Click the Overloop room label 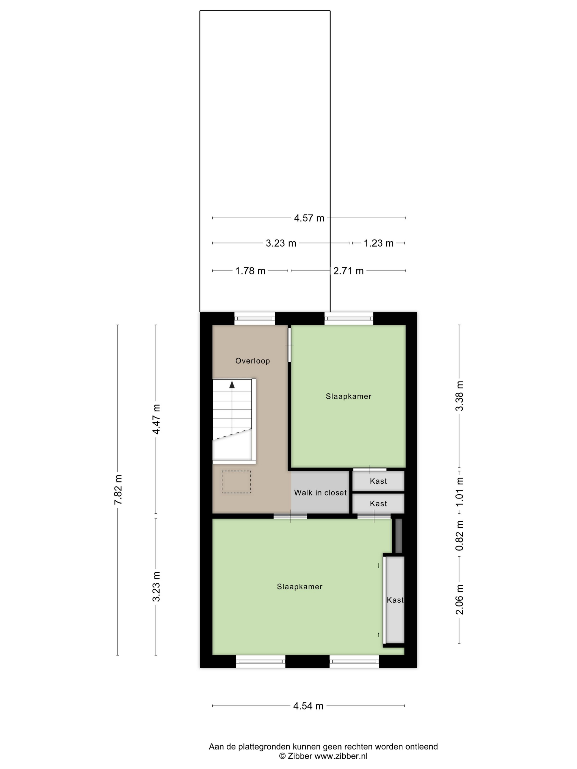coord(253,361)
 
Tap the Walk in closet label coord(320,493)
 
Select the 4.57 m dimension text coord(309,218)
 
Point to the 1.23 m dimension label coord(378,243)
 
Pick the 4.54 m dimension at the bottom coord(308,706)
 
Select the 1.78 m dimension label coord(250,271)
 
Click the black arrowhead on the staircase coord(232,384)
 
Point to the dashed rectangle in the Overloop coord(236,482)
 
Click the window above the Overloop coord(255,318)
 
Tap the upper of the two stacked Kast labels coord(378,481)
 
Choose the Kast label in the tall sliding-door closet coord(395,600)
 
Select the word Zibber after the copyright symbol coord(300,756)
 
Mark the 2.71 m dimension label coord(348,271)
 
